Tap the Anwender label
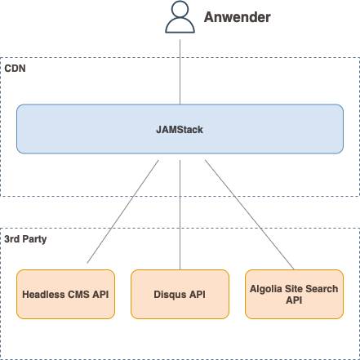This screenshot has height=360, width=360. click(238, 17)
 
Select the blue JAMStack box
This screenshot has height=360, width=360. click(180, 129)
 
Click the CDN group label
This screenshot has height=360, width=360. click(16, 69)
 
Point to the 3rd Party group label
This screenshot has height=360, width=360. click(25, 239)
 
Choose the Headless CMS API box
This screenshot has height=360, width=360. click(65, 294)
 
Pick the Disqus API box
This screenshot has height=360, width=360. click(180, 294)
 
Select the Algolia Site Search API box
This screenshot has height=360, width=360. click(294, 294)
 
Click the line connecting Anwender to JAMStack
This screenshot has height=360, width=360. click(180, 72)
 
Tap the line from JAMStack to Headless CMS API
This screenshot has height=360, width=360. click(122, 211)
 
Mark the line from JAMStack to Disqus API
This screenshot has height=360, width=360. click(180, 215)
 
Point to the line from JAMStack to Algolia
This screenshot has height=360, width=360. click(249, 215)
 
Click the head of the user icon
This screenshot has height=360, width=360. click(180, 9)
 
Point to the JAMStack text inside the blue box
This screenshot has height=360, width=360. click(180, 130)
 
